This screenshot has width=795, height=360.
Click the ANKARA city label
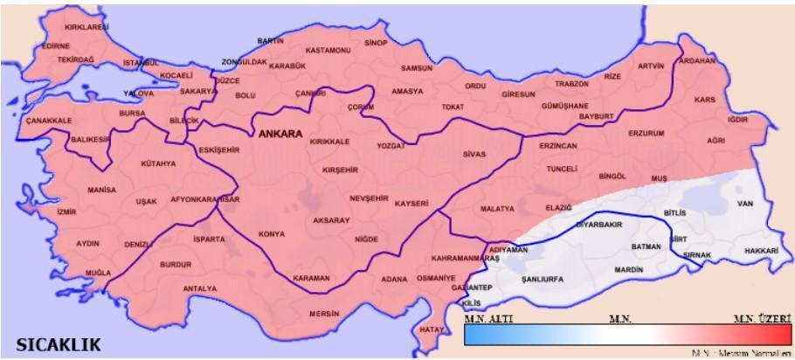pos(280,135)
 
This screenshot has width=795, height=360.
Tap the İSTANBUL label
pos(142,63)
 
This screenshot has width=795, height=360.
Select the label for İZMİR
pos(66,211)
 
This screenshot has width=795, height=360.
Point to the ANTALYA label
pos(200,288)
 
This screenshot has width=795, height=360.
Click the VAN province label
pos(745,204)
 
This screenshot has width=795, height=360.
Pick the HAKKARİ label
pos(761,250)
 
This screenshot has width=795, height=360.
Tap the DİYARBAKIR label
pos(598,225)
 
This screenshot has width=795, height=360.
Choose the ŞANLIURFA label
pos(542,279)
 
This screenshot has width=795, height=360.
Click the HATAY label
pos(432,329)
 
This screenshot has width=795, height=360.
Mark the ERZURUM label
pos(646,134)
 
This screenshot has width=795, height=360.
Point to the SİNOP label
pos(376,42)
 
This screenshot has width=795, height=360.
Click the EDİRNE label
pos(55,45)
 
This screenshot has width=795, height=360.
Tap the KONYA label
pos(272,234)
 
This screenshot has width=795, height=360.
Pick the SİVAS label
pos(474,154)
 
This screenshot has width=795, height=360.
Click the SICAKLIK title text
pos(53,343)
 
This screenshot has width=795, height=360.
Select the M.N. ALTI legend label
pos(488,319)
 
